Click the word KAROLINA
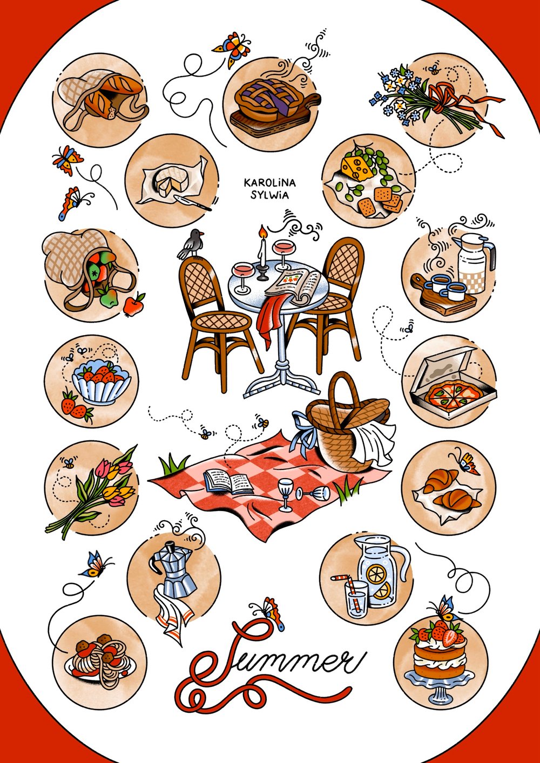(x=273, y=183)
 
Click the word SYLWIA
(x=273, y=195)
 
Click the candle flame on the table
(x=262, y=233)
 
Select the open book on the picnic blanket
(x=229, y=481)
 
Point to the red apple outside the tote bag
(x=133, y=305)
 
